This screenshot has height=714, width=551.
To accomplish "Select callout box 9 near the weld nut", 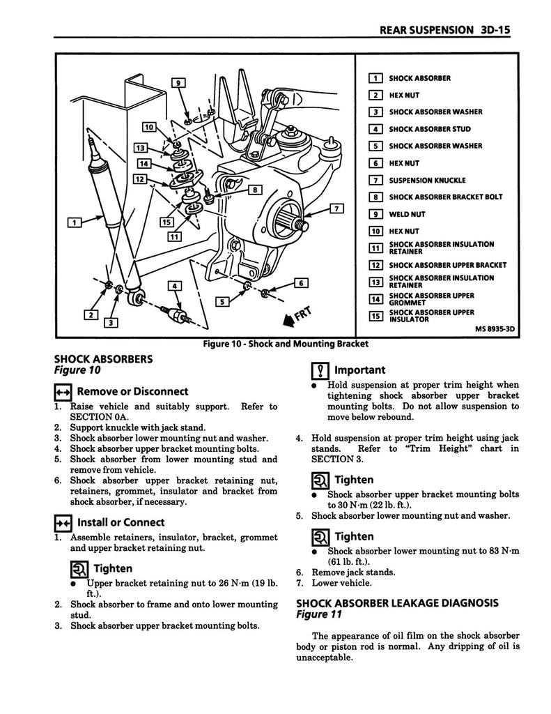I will click(178, 83).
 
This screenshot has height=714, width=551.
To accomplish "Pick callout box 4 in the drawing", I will click(175, 285).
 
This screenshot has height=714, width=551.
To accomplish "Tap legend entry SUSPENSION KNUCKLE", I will click(426, 180).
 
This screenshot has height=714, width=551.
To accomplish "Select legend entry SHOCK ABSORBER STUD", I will click(429, 129).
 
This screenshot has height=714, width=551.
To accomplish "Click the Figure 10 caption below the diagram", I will click(285, 344).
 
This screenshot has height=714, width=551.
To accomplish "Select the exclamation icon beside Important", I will click(319, 371).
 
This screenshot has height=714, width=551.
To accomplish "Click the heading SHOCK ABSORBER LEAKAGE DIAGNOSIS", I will click(397, 602).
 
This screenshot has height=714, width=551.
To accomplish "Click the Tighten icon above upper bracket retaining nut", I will click(79, 569).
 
